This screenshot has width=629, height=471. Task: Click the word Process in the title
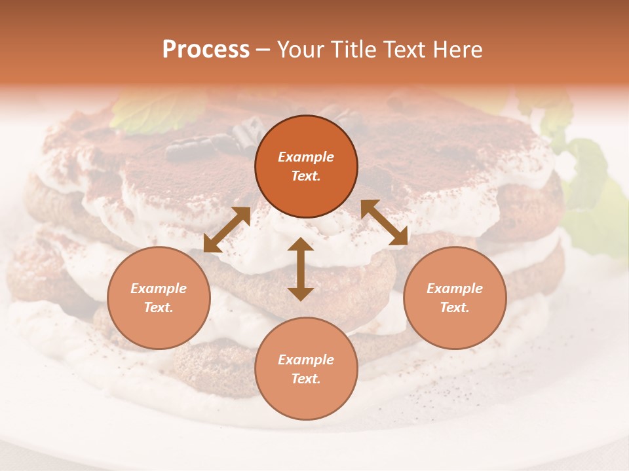[x=206, y=50]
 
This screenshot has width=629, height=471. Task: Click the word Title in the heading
[x=354, y=50]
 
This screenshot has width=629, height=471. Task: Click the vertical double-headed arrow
[x=300, y=269]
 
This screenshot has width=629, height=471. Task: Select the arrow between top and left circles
[x=227, y=230]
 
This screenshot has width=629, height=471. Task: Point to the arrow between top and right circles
[x=384, y=222]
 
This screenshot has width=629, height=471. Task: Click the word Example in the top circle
[x=306, y=157]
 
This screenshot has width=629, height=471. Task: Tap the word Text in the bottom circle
[x=305, y=379]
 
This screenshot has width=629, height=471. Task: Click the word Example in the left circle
[x=159, y=288]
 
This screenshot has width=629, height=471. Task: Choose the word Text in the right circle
[x=454, y=307]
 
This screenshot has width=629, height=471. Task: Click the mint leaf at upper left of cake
[x=157, y=111]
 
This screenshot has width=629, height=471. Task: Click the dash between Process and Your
[x=263, y=50]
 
